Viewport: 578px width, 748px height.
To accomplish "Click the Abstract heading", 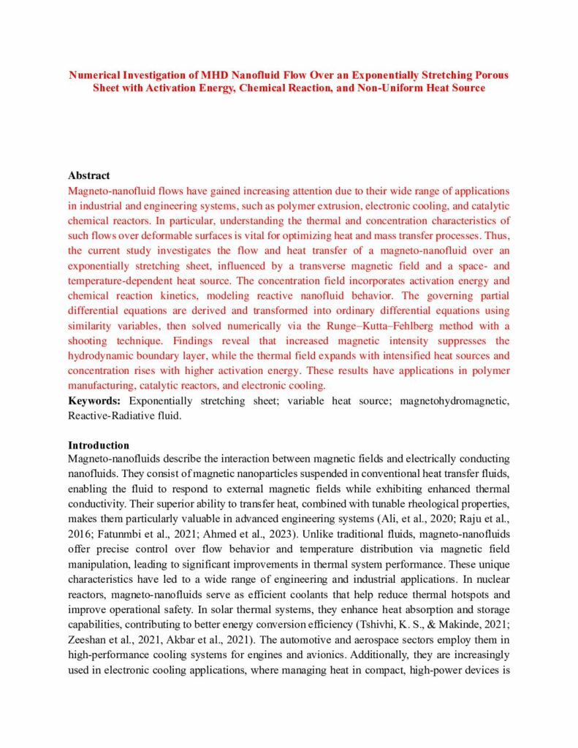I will pyautogui.click(x=89, y=176).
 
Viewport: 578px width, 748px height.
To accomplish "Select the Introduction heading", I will pyautogui.click(x=99, y=445).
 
